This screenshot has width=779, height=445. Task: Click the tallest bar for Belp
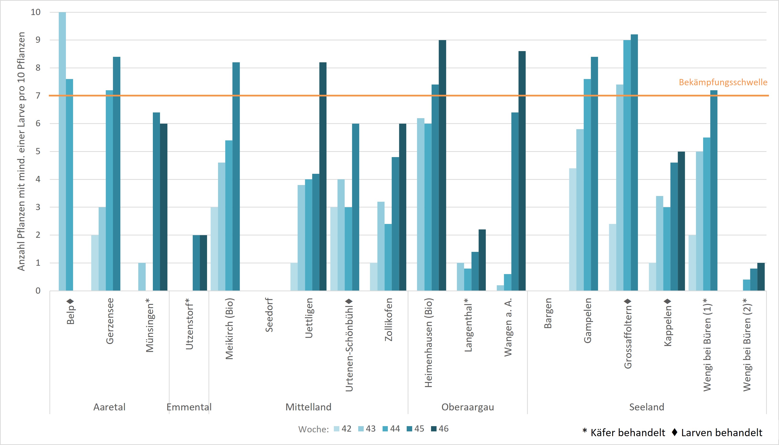point(62,151)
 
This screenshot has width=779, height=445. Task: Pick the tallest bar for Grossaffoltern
point(634,162)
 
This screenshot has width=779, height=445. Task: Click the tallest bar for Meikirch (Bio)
point(236,176)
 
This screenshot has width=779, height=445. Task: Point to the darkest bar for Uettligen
point(323,176)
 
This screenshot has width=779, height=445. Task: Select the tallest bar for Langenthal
point(482,260)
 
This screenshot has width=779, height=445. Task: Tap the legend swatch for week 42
point(337,429)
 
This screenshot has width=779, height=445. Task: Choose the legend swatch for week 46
point(433,429)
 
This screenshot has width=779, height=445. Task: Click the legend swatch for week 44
point(385,429)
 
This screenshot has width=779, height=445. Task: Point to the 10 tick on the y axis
point(36,12)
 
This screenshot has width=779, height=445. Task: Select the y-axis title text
point(21,151)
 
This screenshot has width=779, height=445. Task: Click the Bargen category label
point(548,313)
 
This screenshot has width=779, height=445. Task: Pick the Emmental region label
point(189,407)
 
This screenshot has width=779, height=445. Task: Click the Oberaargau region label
point(467,407)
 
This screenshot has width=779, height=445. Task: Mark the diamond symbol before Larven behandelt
point(675,432)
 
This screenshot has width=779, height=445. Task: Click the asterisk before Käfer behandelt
point(585,431)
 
